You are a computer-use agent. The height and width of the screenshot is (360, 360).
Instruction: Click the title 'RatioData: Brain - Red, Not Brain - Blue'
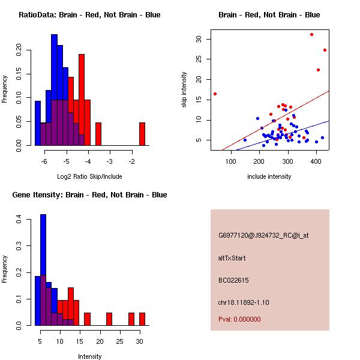tap(89, 15)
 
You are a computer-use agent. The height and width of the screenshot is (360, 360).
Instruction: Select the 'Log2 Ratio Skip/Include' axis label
tap(89, 176)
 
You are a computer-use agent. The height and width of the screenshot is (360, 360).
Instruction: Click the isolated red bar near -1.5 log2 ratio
tap(142, 134)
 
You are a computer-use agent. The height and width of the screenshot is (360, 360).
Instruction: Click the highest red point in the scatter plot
tap(311, 34)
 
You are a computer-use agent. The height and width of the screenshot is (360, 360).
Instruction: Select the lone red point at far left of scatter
tap(215, 94)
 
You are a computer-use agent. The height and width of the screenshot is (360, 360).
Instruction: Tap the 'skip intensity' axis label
tap(184, 89)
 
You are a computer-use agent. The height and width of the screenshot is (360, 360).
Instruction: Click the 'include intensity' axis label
tap(269, 176)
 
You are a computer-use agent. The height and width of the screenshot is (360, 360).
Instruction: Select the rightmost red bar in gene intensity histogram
tap(142, 319)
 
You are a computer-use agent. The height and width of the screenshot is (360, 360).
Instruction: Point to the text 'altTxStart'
tap(232, 258)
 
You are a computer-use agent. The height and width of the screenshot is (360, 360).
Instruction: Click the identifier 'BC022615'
tap(233, 280)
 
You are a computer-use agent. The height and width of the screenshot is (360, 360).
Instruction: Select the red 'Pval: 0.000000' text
tap(239, 319)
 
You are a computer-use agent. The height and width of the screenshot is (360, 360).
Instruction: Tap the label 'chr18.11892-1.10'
tap(244, 302)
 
